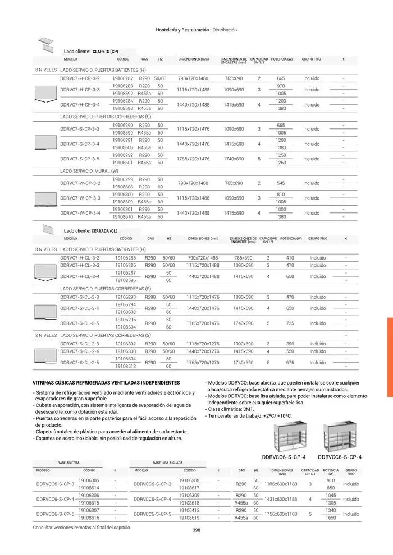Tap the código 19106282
point(123,78)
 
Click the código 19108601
point(123,163)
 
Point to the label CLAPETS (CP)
point(105,51)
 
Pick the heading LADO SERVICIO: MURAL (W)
point(89,170)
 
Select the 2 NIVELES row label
point(45,335)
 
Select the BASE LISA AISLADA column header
point(149,462)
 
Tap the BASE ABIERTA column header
point(69,462)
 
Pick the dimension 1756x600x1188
point(281,514)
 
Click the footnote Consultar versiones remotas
point(82,528)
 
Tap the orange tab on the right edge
point(390,357)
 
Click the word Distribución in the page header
point(225,30)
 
